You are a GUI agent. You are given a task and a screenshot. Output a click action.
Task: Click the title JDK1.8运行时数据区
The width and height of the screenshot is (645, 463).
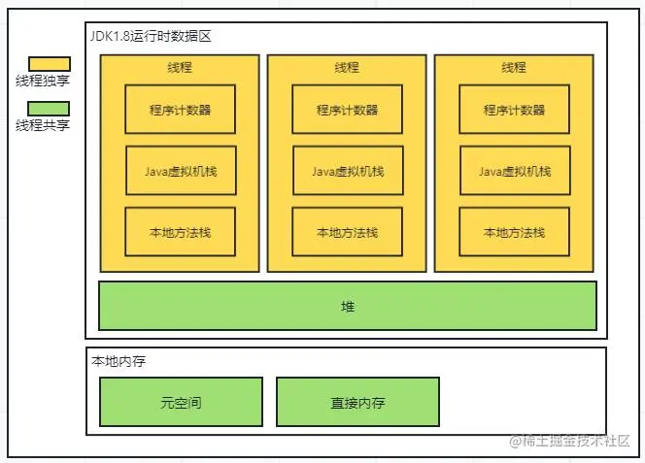coord(150,36)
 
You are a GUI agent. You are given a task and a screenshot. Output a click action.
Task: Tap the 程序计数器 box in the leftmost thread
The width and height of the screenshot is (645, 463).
coord(180,110)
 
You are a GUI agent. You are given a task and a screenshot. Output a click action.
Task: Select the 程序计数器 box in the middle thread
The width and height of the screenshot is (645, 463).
coord(347,110)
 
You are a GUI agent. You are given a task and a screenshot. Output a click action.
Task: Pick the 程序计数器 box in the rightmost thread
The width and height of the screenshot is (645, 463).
coord(514,110)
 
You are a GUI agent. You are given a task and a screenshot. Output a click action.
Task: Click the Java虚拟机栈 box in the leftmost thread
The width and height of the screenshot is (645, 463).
coord(180,171)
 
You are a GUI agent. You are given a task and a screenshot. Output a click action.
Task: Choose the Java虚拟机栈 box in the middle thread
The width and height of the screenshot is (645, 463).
coord(347,171)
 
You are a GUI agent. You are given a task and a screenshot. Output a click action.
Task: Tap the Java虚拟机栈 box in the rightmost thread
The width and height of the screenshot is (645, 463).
coord(514,171)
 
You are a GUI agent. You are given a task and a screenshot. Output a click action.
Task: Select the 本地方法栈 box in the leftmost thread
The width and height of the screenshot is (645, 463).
coord(180,232)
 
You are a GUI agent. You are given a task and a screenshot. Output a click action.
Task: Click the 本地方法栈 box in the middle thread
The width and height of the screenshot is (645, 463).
coord(347,232)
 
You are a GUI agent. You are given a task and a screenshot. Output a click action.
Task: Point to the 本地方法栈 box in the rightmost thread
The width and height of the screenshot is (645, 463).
coord(514,232)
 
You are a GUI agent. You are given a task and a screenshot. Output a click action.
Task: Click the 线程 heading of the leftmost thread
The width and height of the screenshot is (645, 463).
coord(180,68)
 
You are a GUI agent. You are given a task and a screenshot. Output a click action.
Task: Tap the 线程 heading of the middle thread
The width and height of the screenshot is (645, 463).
coord(347,68)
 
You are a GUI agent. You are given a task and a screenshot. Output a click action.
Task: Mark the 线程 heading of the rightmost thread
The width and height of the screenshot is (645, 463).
coord(514,68)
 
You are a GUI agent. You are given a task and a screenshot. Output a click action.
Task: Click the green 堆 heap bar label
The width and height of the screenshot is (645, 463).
coord(348,307)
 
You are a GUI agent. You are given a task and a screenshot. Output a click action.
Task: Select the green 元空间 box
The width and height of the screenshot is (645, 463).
coord(181,402)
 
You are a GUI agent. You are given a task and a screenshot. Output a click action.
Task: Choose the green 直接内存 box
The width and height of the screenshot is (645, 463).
coord(357,402)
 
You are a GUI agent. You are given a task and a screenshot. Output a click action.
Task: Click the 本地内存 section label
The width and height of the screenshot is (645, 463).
coord(119,360)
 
